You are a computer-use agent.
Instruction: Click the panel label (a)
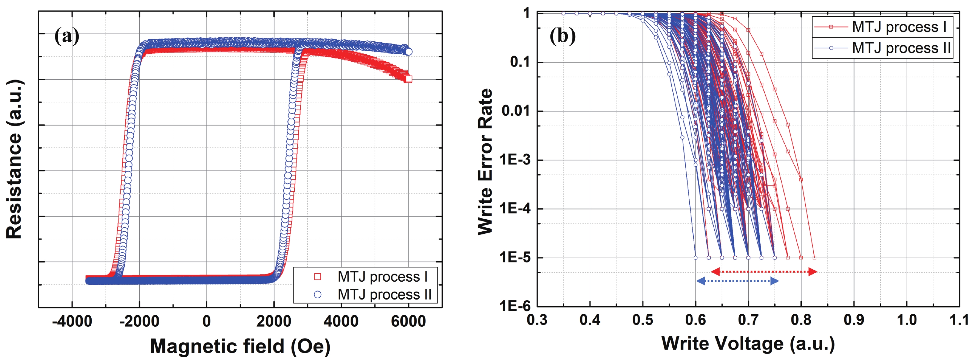pos(67,37)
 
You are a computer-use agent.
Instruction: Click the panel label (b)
pos(562,37)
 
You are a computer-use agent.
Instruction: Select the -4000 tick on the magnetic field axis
pos(72,321)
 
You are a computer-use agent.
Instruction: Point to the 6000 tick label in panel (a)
pos(408,321)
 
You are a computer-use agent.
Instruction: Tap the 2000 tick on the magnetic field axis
pos(274,321)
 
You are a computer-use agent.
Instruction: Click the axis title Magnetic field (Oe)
pos(240,346)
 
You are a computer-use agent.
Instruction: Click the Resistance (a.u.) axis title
pos(14,159)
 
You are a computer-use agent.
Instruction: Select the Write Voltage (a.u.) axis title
pos(748,343)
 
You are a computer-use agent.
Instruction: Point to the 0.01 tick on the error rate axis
pos(516,111)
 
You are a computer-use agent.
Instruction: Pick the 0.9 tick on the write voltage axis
pos(854,320)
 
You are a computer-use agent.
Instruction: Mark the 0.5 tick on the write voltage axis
pos(642,320)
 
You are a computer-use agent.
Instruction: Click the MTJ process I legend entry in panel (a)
pos(382,277)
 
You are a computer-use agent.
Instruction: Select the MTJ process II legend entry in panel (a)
pos(384,294)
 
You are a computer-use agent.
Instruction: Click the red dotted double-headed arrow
pos(764,271)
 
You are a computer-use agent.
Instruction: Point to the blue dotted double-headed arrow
pos(737,281)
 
